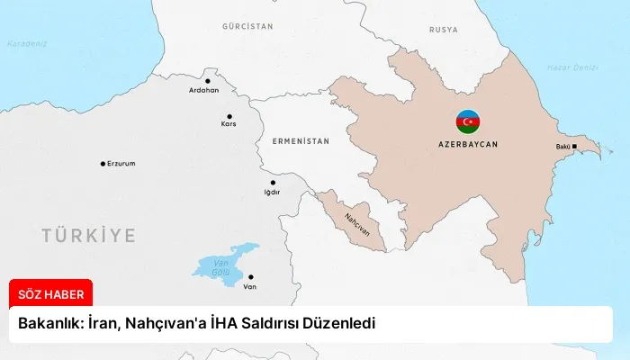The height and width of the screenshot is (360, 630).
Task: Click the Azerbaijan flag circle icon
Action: coord(467,121)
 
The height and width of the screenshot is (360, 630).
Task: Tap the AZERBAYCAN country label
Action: coord(467,143)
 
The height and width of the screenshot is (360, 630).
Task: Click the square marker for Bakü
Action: coord(575,147)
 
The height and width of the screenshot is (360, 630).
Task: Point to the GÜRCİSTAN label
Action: coord(247,27)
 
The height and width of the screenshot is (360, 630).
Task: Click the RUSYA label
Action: coord(443,30)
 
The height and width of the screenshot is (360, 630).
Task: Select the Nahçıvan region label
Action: coord(356,225)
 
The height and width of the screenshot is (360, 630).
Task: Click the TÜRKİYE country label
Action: coord(88,236)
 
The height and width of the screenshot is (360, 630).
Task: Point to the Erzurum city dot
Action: coord(103,164)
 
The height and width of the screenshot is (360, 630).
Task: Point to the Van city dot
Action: coord(250,277)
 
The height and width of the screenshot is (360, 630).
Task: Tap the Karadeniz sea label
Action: coord(26,43)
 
